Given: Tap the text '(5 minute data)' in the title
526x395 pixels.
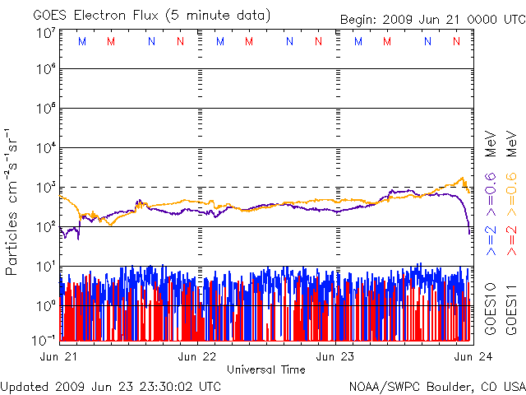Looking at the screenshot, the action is coord(218,16).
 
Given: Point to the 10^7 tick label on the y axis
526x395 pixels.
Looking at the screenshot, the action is coord(47,34).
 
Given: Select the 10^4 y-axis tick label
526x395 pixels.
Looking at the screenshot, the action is coord(47,147).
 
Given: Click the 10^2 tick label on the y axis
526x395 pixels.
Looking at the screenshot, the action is coord(47,227).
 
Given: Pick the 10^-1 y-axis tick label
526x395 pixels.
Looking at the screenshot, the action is coord(44,340).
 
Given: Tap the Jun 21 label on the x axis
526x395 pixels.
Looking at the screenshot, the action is coord(58,356).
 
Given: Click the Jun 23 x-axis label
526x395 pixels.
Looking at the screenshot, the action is coord(335,356).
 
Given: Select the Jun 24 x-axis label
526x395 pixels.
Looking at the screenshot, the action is coord(473,356).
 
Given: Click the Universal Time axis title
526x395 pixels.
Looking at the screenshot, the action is coord(266,369).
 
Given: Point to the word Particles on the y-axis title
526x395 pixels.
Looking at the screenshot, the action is coord(11,244).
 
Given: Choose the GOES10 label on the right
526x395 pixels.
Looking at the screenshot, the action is coord(491,309).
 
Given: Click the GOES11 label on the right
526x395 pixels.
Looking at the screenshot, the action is coord(511,309).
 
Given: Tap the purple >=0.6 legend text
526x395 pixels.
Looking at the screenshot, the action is coord(491,195).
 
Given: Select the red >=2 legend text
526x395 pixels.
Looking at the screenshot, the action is coord(511,241).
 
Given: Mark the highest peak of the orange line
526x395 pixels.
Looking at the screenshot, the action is coord(463,178).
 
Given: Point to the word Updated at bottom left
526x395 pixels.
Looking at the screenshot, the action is coord(25,387).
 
